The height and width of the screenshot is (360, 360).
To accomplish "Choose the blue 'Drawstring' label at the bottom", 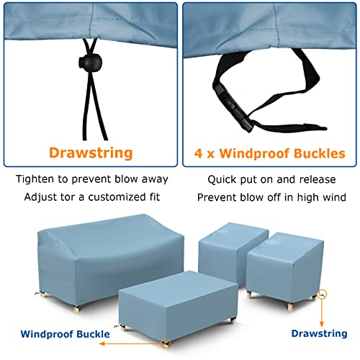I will click(x=318, y=333).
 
